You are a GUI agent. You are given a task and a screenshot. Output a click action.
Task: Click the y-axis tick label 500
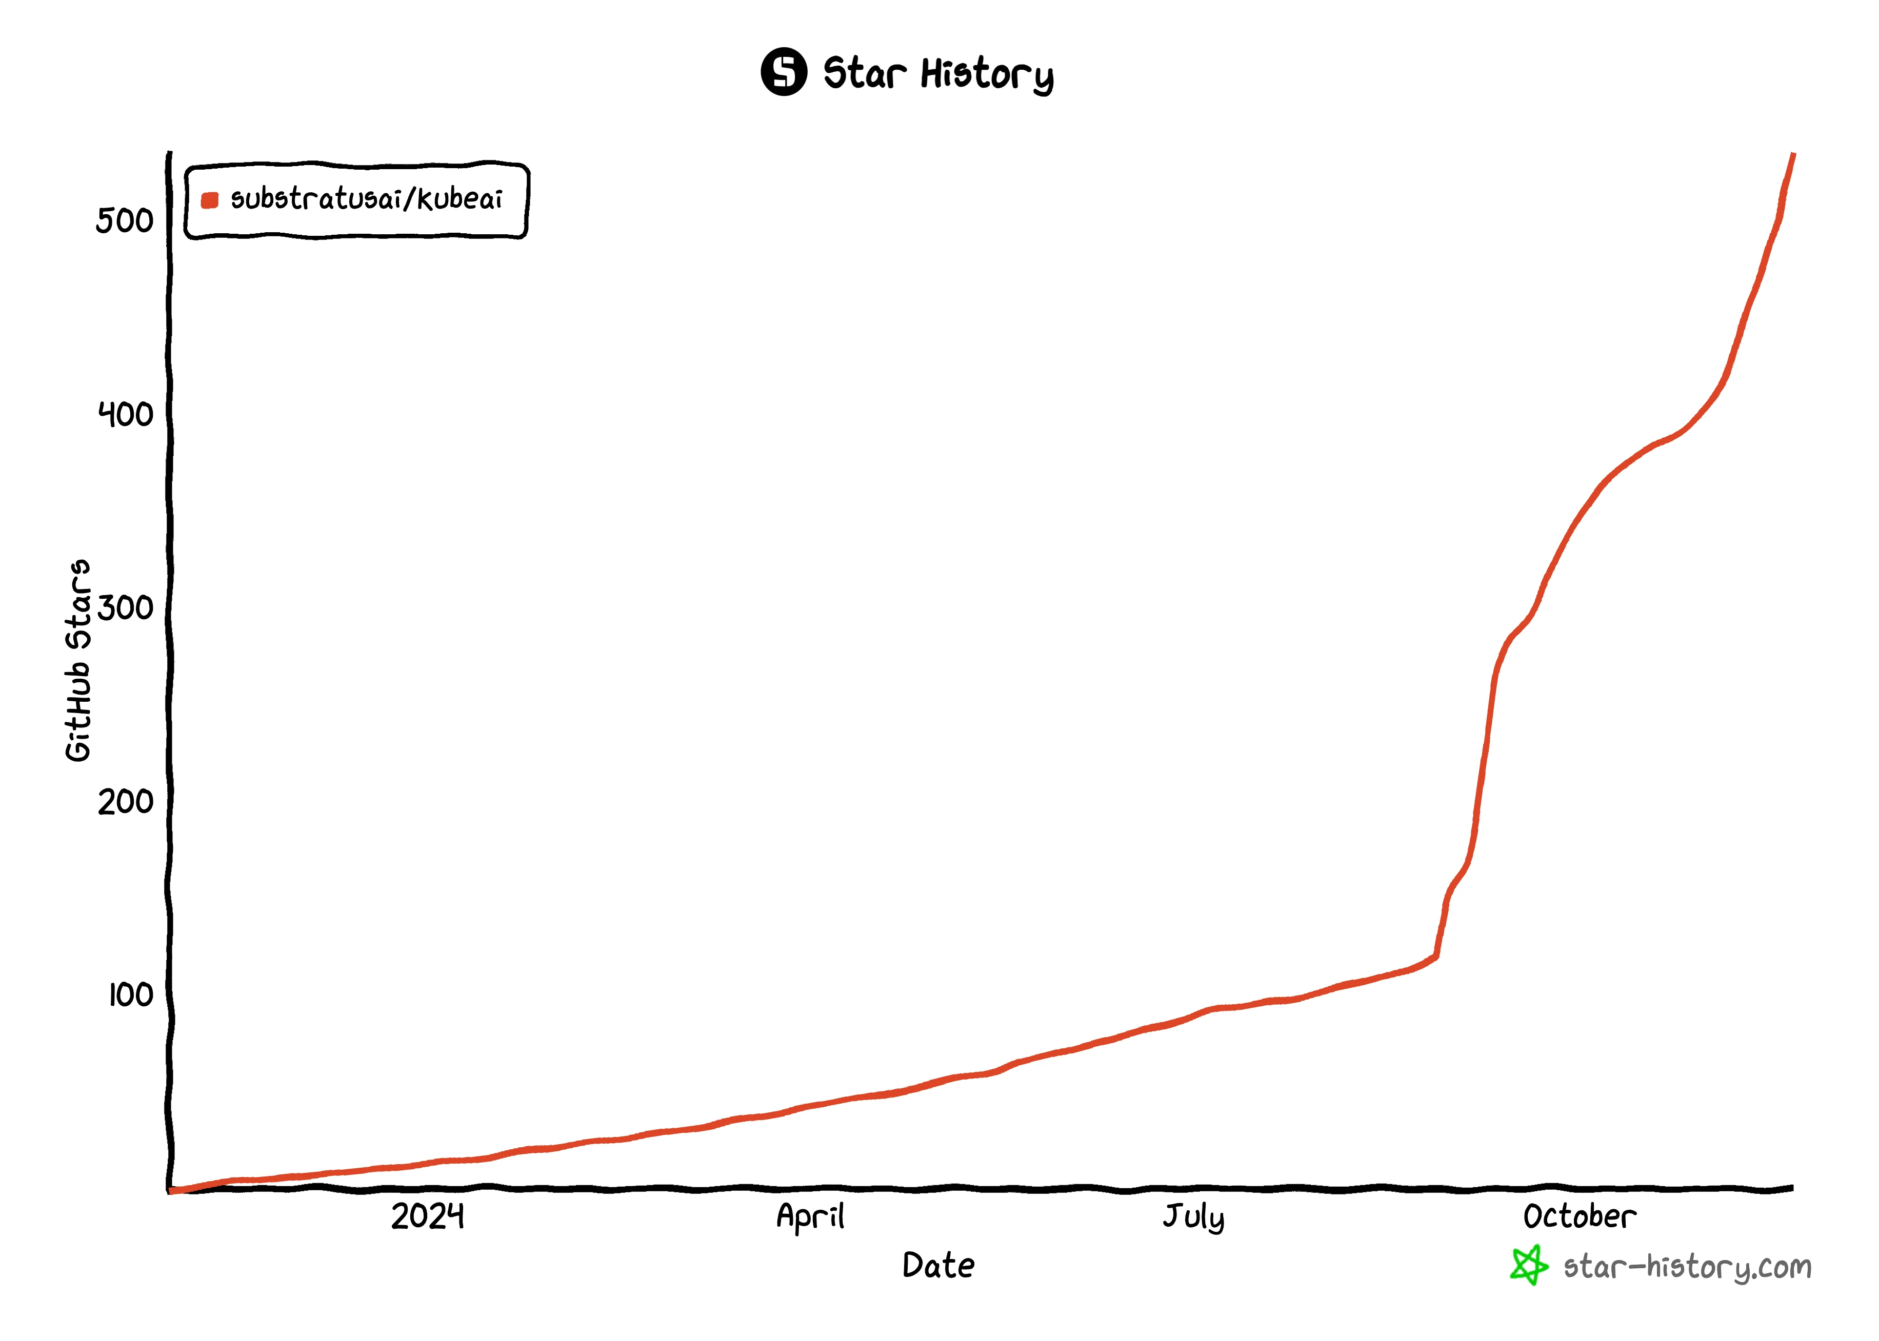(124, 220)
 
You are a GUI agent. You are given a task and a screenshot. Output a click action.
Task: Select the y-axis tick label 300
(126, 608)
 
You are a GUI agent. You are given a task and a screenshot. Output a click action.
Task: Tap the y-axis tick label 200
(126, 801)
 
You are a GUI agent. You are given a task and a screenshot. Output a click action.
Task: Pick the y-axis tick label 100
(130, 995)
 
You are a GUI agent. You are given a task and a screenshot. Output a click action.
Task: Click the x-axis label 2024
(427, 1216)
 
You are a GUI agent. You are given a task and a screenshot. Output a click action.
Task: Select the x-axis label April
(810, 1216)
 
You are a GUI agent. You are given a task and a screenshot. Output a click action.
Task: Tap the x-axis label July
(1193, 1217)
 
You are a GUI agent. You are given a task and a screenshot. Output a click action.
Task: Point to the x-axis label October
(1579, 1216)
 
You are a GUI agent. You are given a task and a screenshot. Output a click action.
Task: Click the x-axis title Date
(938, 1265)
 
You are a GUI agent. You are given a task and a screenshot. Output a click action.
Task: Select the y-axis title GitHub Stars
(78, 661)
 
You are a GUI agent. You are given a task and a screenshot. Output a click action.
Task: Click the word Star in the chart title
(865, 73)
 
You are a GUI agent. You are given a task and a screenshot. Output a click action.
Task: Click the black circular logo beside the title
(784, 72)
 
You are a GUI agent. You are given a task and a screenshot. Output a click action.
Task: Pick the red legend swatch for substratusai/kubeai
(210, 200)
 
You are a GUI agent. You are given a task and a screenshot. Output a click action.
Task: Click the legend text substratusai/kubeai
(366, 199)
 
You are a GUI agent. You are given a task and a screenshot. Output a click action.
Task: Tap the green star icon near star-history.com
(1529, 1265)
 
